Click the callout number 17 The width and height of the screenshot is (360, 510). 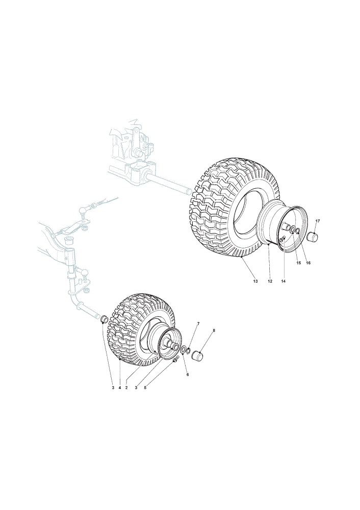point(318,221)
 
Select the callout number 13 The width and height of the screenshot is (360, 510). point(255,281)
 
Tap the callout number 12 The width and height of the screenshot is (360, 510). point(270,281)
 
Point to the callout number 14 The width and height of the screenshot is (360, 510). point(283,281)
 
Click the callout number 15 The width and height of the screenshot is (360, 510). point(299,263)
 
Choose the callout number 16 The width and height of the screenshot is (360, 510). point(308,263)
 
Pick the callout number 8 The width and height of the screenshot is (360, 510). point(214,330)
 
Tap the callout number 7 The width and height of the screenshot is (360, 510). point(198,323)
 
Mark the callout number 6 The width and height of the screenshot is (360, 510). point(188,374)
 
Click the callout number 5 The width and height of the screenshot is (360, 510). point(145,388)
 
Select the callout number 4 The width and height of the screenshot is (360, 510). point(120,388)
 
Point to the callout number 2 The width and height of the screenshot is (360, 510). point(126,388)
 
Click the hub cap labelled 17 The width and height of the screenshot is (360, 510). point(312,237)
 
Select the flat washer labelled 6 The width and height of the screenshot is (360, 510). point(183,350)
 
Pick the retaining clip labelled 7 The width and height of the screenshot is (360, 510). point(189,351)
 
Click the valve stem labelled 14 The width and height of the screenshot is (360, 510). point(282,239)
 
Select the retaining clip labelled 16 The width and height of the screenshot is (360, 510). point(297,231)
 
